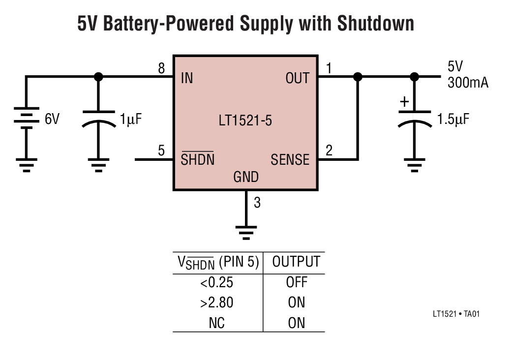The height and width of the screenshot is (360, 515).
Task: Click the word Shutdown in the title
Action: pos(375,24)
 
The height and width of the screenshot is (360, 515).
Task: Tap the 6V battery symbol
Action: pos(27,119)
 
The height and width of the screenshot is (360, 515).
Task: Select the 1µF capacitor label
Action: pos(131,119)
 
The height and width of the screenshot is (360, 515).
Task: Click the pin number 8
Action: pos(161,69)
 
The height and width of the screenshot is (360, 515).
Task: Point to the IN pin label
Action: pos(187,78)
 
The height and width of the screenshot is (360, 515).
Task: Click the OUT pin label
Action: pos(297,78)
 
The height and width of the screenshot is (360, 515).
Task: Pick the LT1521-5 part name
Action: pos(245,120)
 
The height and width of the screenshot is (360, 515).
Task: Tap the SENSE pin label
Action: pos(290,160)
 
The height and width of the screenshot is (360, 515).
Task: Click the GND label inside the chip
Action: pos(246,177)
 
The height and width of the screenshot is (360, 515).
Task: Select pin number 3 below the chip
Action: pos(257,202)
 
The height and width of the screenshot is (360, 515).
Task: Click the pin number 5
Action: pos(161,151)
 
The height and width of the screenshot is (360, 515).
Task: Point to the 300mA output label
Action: pos(468,83)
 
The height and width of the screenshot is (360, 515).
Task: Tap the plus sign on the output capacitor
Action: pos(404,102)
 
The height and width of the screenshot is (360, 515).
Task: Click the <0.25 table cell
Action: pos(216,282)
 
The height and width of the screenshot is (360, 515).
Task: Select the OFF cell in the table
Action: pos(297,282)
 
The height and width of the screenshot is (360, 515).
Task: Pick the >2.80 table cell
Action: pos(216,302)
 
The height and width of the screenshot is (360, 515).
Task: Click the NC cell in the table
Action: pos(216,323)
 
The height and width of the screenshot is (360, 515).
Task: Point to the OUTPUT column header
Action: pos(296,262)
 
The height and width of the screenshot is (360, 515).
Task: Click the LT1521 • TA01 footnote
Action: pos(456,313)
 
